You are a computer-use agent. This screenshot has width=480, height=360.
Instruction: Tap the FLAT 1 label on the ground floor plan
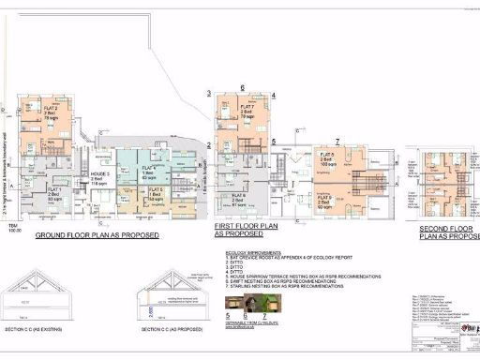click(x=53, y=188)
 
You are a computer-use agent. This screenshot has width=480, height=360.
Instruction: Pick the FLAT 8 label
click(x=325, y=154)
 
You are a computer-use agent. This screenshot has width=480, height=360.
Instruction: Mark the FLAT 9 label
click(x=323, y=193)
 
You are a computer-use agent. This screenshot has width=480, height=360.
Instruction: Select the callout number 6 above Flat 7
click(x=243, y=88)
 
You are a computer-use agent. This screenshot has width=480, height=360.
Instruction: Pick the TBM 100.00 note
click(x=12, y=228)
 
